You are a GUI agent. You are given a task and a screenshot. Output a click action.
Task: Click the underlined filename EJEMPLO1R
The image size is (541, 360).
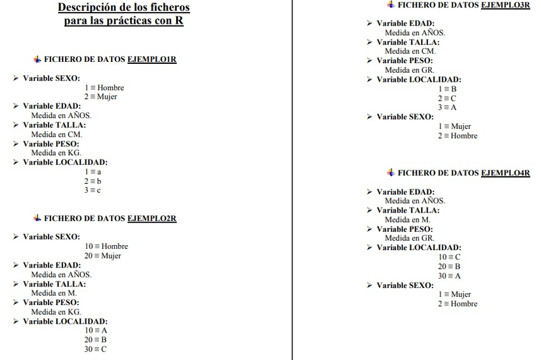tap(152, 59)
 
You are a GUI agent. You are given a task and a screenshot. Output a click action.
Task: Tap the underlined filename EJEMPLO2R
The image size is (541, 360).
tap(152, 218)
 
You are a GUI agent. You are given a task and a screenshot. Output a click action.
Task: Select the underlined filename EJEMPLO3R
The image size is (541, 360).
tap(505, 5)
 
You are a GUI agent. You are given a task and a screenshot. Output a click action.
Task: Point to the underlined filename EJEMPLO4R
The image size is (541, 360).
tap(505, 173)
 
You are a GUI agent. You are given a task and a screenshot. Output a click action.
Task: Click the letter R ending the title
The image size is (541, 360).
tap(180, 21)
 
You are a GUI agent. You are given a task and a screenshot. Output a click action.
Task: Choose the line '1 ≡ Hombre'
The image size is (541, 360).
tap(104, 87)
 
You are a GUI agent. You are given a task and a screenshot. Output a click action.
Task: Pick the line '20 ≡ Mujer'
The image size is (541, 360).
tap(102, 256)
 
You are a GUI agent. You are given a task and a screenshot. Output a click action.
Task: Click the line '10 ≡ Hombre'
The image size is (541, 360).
tap(106, 246)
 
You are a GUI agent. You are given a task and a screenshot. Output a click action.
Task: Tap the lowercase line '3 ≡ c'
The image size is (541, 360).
tap(93, 190)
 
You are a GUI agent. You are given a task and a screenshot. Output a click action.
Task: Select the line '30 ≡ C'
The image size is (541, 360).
tap(96, 349)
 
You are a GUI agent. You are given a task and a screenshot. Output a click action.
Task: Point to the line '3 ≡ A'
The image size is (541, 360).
tap(447, 107)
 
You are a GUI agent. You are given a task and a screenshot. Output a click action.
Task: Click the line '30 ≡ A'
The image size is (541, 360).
tap(449, 276)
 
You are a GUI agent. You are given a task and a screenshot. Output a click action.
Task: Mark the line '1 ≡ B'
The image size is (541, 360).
tap(447, 89)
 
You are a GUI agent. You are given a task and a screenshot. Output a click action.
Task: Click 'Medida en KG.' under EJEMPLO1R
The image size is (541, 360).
tap(56, 153)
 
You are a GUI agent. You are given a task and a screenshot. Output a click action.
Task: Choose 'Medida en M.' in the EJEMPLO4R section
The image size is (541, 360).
tap(407, 220)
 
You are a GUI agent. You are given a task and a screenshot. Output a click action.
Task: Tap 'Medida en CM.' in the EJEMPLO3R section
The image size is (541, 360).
tap(410, 51)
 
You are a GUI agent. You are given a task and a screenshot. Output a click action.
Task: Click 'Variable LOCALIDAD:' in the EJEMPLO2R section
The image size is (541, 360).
tap(65, 321)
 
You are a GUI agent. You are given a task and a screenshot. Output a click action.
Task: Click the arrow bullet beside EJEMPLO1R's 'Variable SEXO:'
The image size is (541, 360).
tap(16, 78)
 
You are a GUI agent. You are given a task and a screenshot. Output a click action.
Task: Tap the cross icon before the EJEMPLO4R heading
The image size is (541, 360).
tap(390, 172)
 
